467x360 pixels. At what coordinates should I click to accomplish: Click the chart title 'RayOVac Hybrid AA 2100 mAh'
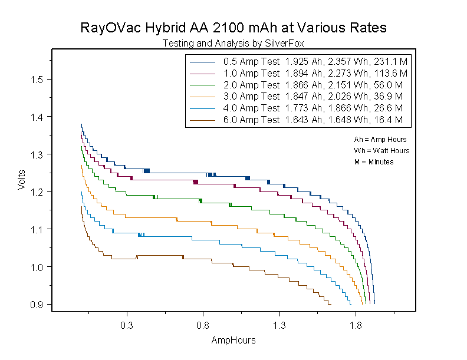point(233,28)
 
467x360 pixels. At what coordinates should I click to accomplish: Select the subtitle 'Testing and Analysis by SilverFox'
point(233,43)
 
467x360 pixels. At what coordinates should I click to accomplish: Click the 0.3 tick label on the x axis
point(126,325)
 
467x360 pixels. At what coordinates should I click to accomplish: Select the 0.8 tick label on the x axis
point(203,325)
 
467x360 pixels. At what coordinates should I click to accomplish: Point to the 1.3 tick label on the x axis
point(279,325)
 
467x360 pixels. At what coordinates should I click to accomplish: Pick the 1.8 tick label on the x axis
point(356,325)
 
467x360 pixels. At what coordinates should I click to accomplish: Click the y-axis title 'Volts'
point(22,179)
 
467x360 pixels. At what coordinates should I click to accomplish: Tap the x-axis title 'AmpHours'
point(233,341)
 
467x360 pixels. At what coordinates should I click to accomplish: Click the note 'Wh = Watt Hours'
point(382,151)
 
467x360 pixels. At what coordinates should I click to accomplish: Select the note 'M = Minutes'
point(374,161)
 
